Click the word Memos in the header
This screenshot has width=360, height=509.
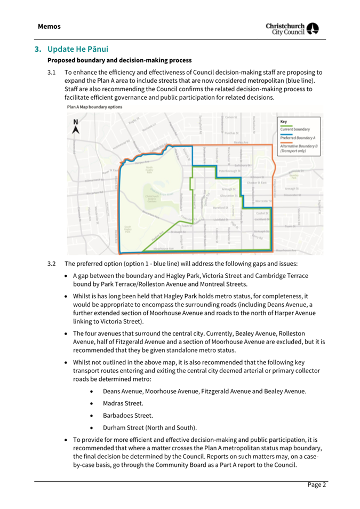coord(49,26)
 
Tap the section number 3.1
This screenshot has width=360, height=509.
coord(51,71)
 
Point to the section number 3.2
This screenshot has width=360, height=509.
coord(51,264)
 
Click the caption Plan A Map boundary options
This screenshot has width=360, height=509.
coord(94,107)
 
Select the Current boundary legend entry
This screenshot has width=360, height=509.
coord(299,130)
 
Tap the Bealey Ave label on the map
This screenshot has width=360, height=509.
coord(241,142)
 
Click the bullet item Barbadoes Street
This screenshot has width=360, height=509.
coord(120,415)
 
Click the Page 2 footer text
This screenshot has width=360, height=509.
coord(316,484)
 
